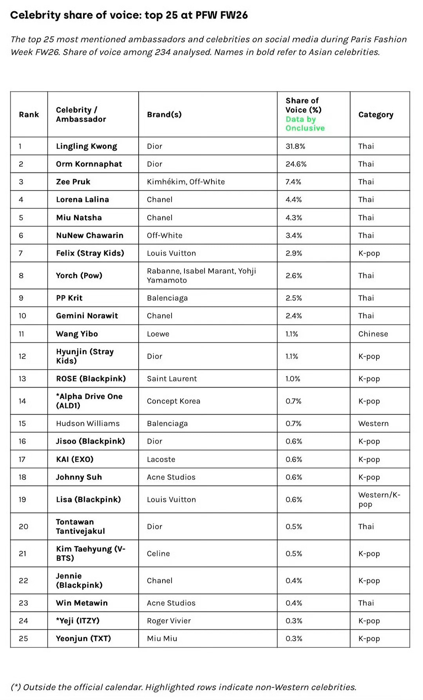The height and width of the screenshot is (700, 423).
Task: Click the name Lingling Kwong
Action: (x=86, y=146)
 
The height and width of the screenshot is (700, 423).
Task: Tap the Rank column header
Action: (x=29, y=114)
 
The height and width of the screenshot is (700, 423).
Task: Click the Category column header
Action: (x=376, y=114)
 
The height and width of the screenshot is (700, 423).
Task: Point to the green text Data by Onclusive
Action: (x=305, y=123)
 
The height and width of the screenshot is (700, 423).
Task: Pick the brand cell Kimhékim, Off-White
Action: (x=186, y=181)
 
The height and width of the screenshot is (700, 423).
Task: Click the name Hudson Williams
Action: (x=88, y=423)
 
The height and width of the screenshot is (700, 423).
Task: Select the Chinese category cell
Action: (x=373, y=334)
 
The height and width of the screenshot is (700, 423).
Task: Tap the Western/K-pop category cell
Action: (x=379, y=499)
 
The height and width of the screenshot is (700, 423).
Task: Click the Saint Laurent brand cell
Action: (x=172, y=379)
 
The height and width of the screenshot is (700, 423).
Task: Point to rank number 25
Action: (x=23, y=638)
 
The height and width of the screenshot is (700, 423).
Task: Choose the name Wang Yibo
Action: (x=77, y=334)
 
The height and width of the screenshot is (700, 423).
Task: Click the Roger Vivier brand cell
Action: (x=168, y=621)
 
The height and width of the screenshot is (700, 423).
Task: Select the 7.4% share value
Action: (x=293, y=181)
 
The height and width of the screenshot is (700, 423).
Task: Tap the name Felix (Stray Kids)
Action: (x=90, y=253)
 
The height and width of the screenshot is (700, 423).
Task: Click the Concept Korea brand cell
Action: (x=174, y=401)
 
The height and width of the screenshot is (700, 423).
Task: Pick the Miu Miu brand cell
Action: (x=162, y=638)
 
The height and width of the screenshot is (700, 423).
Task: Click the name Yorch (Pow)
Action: (x=79, y=276)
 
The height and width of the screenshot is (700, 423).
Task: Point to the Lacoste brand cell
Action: (x=161, y=459)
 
